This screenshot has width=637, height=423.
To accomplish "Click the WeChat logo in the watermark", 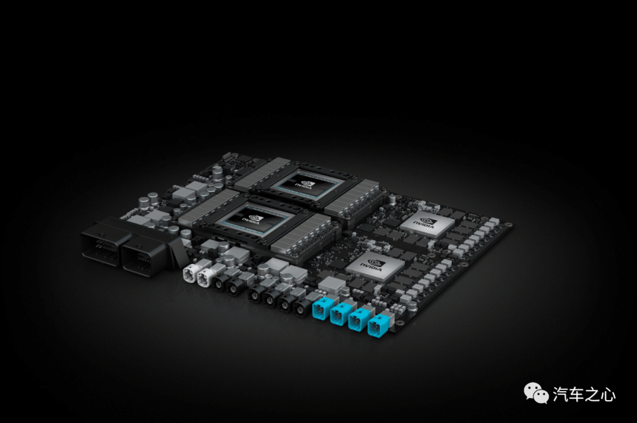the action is coord(536,393).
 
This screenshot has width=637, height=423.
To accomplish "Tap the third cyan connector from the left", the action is coord(359,319).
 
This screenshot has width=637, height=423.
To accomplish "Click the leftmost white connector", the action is coord(191,273).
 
